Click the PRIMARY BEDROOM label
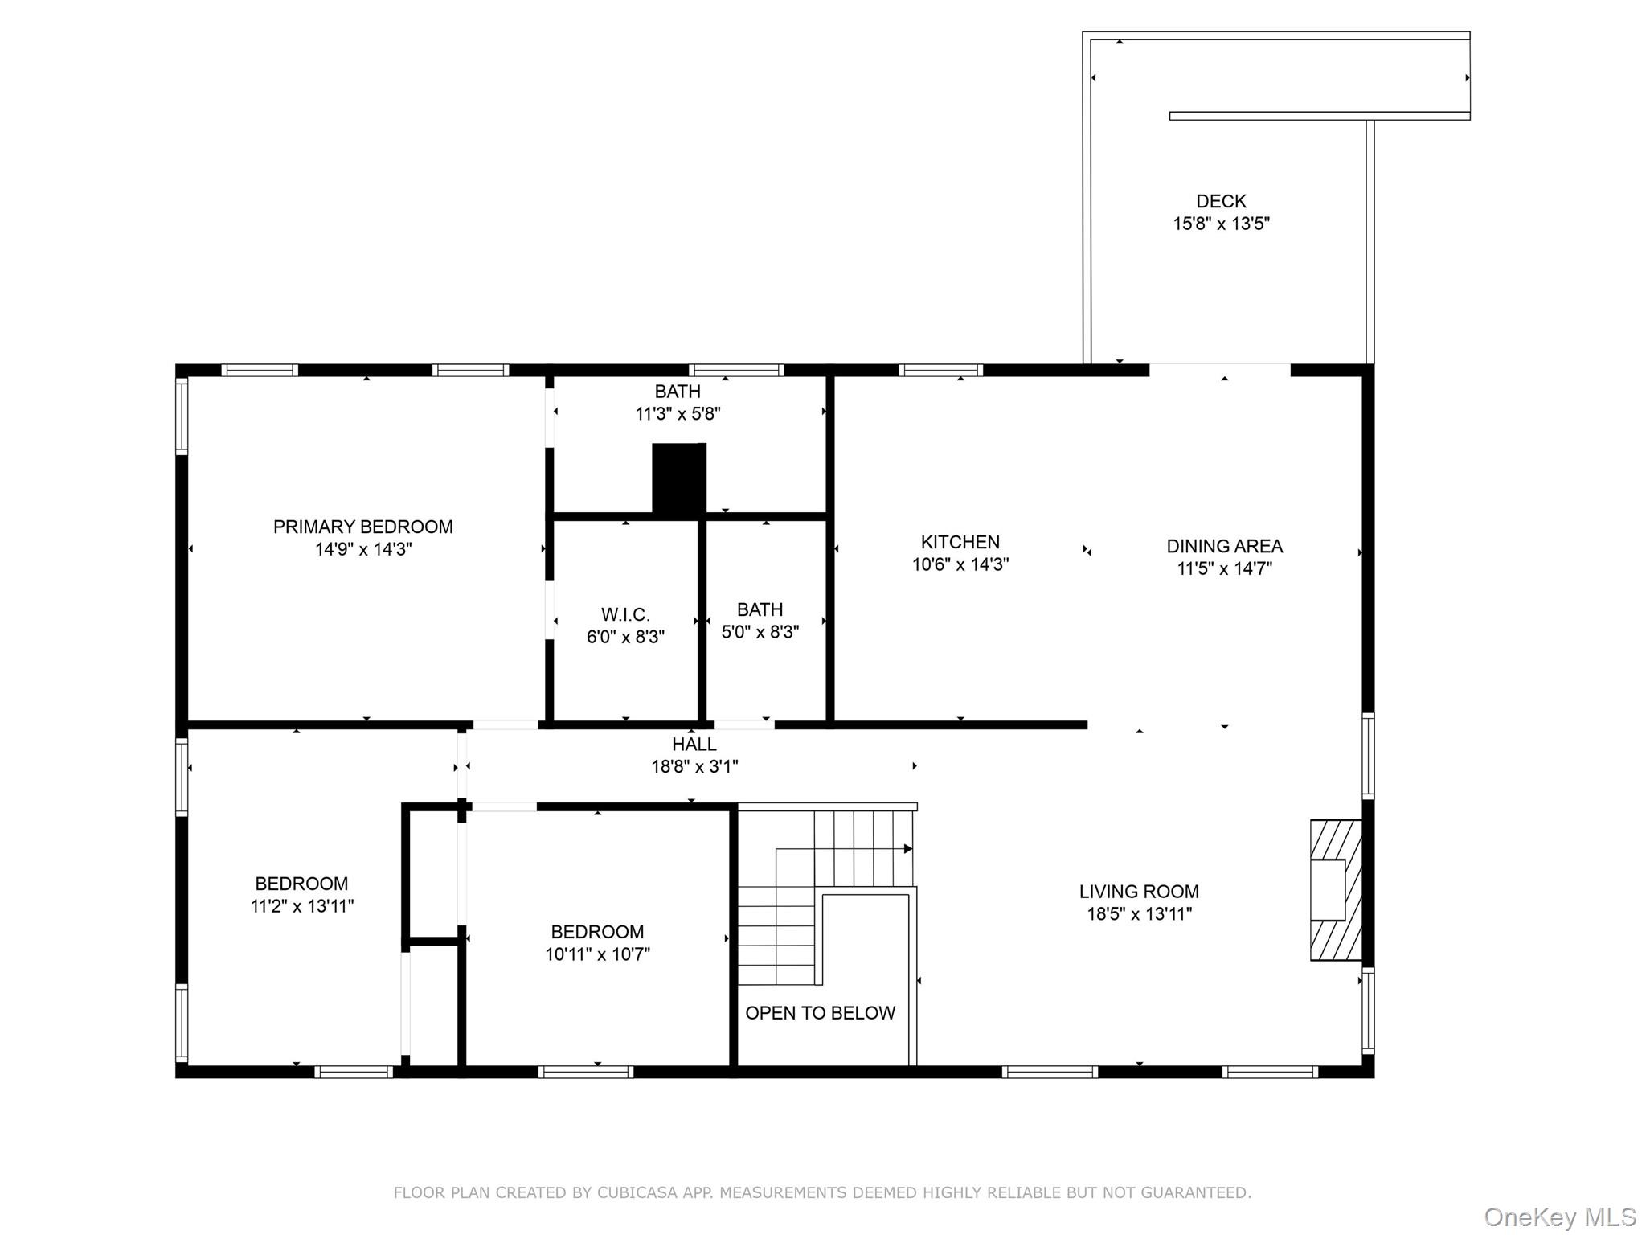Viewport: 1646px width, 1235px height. [362, 527]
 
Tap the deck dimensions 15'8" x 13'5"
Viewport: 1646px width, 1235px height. [1221, 224]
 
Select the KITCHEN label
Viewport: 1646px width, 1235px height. [960, 542]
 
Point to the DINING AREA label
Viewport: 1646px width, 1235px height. [1224, 546]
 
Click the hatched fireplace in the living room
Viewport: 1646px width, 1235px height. [1336, 889]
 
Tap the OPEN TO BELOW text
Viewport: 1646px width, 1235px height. [820, 1013]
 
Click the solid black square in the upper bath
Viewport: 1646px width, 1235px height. [678, 478]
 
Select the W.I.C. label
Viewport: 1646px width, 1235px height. [625, 615]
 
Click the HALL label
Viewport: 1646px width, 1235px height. [694, 745]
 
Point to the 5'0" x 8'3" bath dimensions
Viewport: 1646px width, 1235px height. [760, 632]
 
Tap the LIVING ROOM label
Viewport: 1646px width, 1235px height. [1139, 892]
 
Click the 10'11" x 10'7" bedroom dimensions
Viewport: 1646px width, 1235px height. [597, 954]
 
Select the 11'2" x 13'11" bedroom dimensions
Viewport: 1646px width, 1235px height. [301, 906]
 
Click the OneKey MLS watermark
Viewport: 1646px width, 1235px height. [1559, 1217]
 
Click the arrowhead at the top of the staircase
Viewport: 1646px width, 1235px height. [908, 848]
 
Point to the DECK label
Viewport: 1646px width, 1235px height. [1221, 201]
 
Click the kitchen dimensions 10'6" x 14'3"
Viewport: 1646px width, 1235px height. [960, 564]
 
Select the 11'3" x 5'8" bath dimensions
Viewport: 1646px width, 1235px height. [678, 414]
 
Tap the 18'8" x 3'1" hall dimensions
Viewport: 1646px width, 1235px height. [694, 767]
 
